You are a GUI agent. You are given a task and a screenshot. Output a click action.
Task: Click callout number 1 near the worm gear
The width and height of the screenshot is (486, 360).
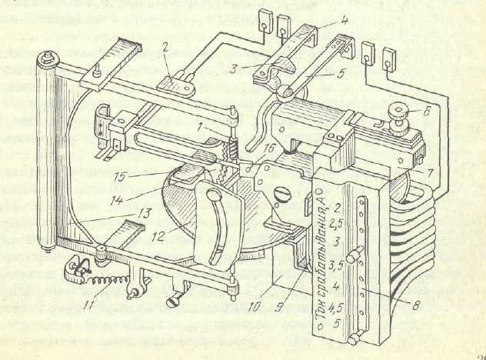(199, 125)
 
